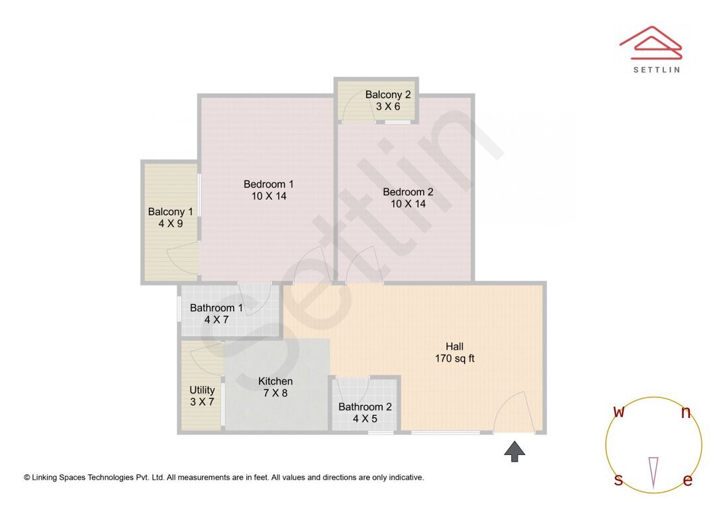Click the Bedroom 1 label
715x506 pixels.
[268, 184]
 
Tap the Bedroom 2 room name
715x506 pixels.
[408, 192]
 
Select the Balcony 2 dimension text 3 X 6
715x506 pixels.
[388, 106]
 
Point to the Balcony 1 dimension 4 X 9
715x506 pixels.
[170, 224]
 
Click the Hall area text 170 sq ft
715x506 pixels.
[454, 359]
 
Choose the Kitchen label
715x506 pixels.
[275, 381]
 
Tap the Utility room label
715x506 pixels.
[202, 390]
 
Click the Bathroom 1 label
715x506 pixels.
[216, 308]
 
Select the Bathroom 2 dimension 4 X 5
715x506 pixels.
[365, 419]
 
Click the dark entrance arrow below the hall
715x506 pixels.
[514, 452]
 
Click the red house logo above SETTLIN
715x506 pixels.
[651, 42]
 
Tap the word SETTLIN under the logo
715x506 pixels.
[656, 70]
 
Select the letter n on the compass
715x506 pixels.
[686, 413]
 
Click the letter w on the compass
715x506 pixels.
[619, 412]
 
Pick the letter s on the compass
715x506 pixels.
[618, 480]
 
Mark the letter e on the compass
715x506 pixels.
[688, 481]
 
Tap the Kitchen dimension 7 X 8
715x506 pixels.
[275, 393]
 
